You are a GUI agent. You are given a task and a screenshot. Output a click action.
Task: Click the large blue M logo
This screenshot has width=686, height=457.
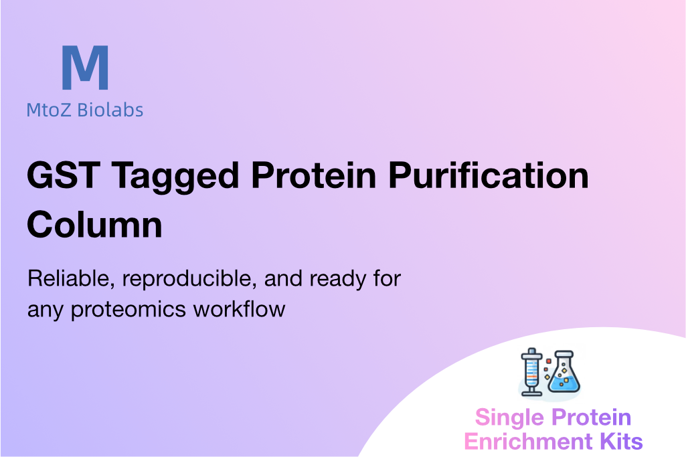click(x=85, y=68)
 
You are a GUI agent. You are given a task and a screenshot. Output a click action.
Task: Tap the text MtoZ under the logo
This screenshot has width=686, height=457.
click(x=49, y=110)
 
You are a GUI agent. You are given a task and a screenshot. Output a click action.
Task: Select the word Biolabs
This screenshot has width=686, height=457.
click(x=110, y=110)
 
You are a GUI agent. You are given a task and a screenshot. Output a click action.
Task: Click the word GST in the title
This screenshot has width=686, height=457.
click(x=64, y=176)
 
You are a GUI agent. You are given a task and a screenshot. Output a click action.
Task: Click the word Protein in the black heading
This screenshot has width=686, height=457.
click(x=313, y=176)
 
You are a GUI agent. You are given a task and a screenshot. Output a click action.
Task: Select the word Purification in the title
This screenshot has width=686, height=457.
click(x=489, y=176)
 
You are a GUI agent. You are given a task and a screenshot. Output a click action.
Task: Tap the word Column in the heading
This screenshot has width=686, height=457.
click(x=94, y=225)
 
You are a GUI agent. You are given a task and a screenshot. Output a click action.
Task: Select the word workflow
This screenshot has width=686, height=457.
click(x=240, y=308)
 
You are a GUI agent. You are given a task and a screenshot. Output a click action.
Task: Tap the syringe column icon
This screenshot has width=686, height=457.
click(x=531, y=372)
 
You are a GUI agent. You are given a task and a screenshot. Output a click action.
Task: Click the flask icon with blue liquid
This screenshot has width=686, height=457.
click(x=564, y=371)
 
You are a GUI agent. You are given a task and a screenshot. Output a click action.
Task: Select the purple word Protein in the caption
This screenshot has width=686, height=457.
click(x=591, y=418)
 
